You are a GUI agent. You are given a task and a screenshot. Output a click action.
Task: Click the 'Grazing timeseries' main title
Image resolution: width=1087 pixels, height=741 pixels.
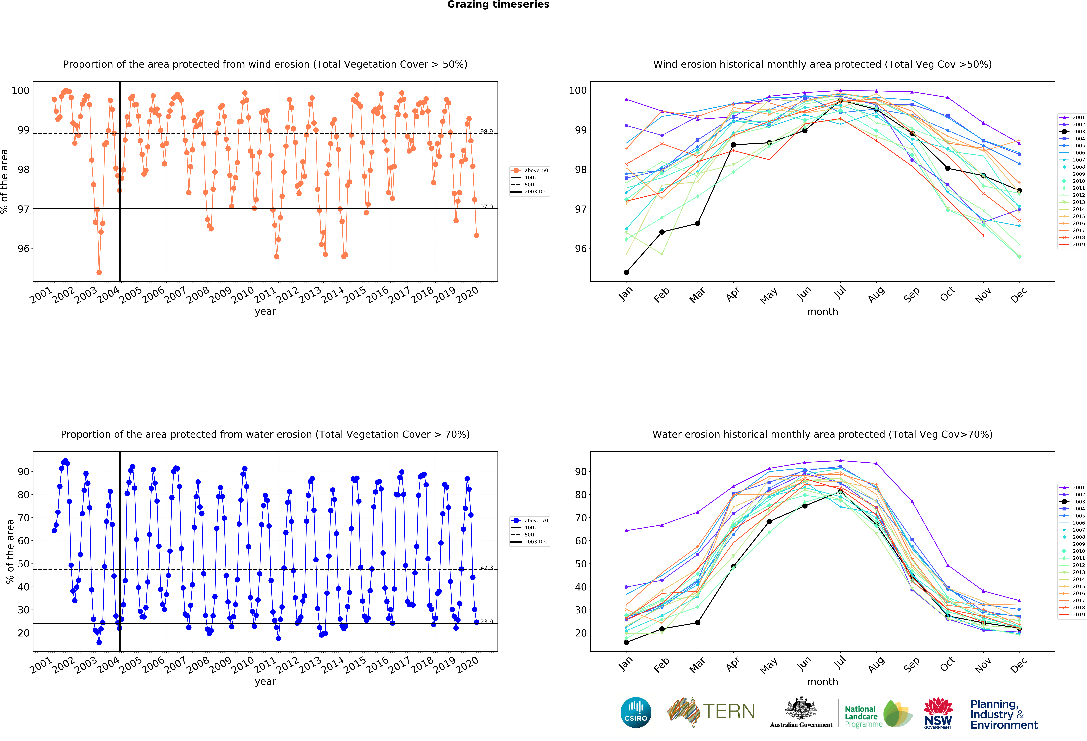tap(498, 5)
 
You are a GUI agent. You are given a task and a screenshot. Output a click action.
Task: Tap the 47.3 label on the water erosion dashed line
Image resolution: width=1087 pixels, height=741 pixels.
tap(486, 567)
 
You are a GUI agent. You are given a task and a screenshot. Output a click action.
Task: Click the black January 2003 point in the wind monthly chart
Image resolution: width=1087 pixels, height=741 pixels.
tap(626, 272)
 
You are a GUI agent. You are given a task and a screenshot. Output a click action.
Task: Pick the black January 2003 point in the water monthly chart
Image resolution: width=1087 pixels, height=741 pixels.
tap(626, 642)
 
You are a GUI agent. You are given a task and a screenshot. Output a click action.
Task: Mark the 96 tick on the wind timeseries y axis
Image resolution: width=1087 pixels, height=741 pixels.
tap(23, 248)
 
